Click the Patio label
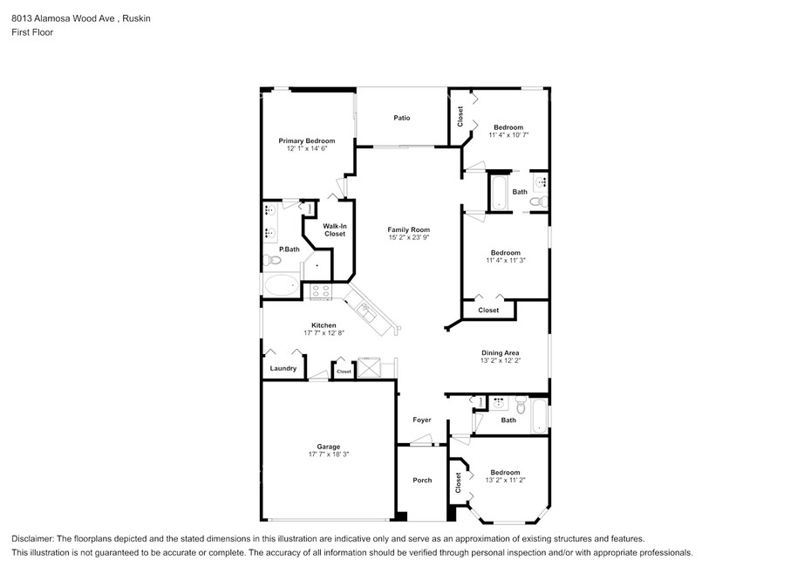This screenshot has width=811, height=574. [x=402, y=118]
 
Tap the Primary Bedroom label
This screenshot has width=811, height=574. [x=307, y=140]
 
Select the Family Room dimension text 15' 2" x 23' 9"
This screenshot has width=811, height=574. [x=409, y=237]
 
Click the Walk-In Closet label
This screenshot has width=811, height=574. [x=335, y=229]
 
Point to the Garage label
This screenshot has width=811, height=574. [x=329, y=447]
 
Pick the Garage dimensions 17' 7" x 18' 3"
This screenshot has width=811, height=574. [x=329, y=454]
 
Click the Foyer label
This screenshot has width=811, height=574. [x=422, y=420]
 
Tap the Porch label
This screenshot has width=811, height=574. [x=422, y=481]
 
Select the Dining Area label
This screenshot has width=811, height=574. [x=501, y=353]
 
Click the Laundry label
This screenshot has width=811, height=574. [x=283, y=368]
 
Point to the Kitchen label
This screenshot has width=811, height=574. [x=324, y=325]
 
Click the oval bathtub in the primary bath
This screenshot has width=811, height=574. [x=282, y=285]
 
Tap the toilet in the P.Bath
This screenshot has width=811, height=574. [x=271, y=259]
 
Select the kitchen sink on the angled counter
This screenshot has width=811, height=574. [x=367, y=312]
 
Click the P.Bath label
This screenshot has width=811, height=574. [x=290, y=249]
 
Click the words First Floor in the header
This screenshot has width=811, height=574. [x=32, y=32]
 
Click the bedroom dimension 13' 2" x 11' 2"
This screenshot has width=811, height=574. [x=505, y=481]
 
